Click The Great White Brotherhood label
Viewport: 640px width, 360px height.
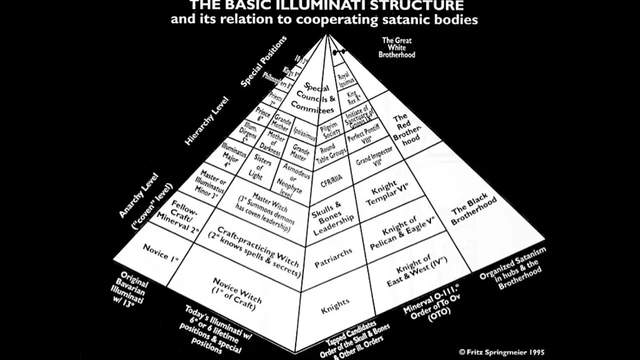[398, 47]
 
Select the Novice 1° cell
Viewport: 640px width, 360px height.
[161, 252]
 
